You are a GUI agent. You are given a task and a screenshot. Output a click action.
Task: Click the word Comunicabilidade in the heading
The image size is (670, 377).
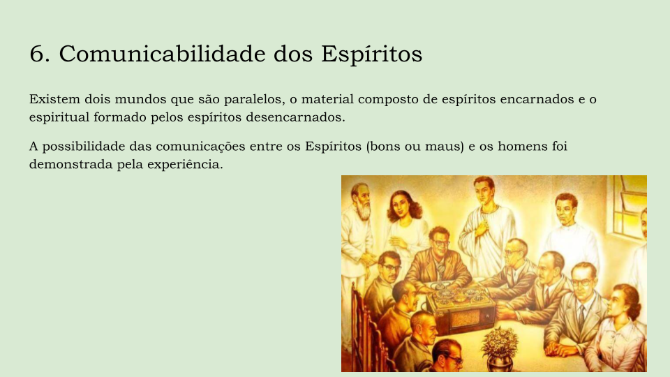pos(163,54)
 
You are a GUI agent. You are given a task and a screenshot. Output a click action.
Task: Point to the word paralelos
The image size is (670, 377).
pos(254,99)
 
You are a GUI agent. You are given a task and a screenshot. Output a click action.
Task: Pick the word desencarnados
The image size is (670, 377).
pos(295,117)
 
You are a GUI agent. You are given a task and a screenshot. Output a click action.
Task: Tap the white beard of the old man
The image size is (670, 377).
pos(364,211)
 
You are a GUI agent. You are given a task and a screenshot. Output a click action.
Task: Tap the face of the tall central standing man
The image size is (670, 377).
pos(484,192)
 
